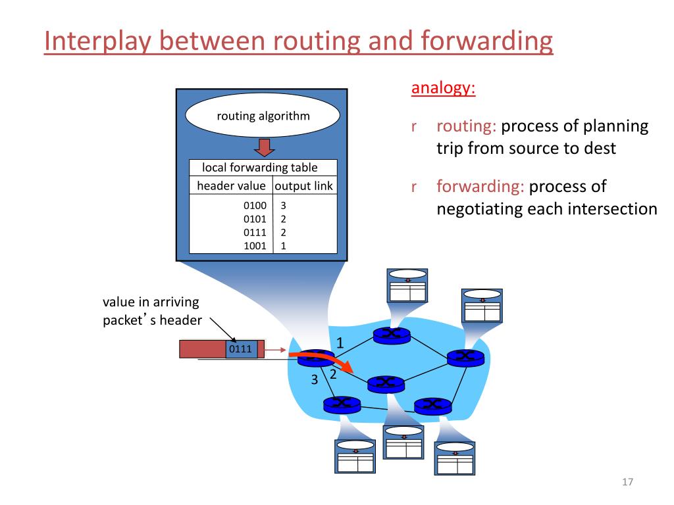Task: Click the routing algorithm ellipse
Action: [x=263, y=117]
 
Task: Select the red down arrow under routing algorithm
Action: [x=263, y=147]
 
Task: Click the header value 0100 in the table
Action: [x=255, y=205]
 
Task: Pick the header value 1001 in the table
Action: [x=255, y=246]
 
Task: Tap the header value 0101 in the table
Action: [x=255, y=219]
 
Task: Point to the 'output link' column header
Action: [x=303, y=186]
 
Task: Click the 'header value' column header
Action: [x=231, y=186]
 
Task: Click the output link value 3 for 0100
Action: [x=283, y=205]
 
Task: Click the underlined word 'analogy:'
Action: [x=443, y=88]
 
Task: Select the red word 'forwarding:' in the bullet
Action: [x=480, y=187]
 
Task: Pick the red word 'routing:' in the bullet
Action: [x=466, y=126]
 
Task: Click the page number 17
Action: [x=627, y=483]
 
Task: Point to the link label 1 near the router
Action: [x=340, y=343]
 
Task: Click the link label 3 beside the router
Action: [x=314, y=379]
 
